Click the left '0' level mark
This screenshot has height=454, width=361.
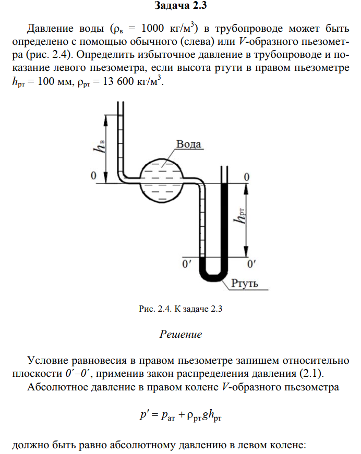(94, 176)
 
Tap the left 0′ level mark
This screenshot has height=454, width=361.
(186, 264)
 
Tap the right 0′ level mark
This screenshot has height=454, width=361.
(251, 264)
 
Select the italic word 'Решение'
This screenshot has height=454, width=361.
(180, 334)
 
